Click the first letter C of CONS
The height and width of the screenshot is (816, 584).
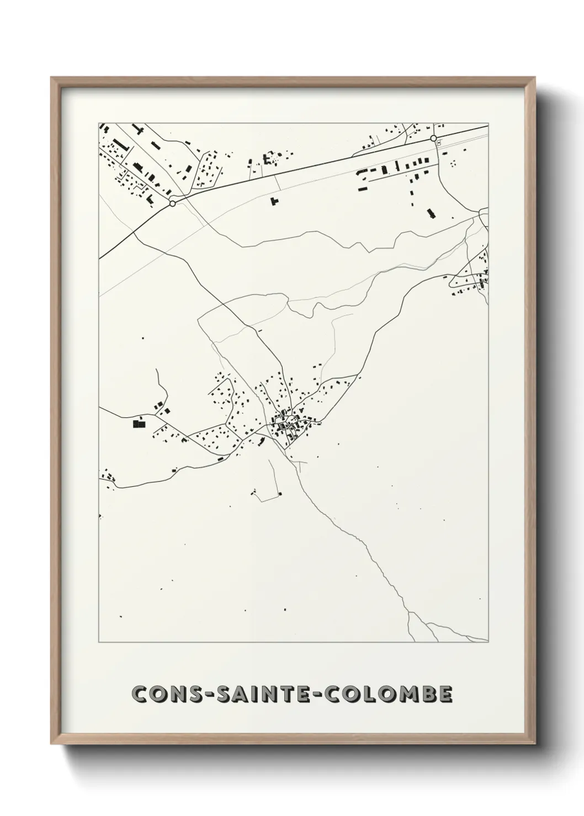click(x=141, y=695)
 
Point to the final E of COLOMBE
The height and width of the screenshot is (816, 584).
click(x=445, y=695)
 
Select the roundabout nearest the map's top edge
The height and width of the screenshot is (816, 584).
click(x=434, y=138)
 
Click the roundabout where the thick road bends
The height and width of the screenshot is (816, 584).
click(x=173, y=203)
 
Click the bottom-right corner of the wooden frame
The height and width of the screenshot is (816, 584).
click(x=534, y=744)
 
